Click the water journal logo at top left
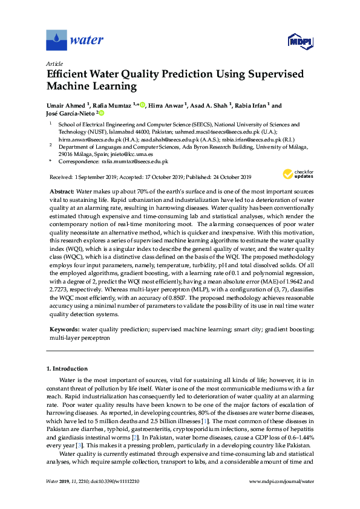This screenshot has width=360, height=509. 71,41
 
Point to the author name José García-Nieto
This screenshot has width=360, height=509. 68,113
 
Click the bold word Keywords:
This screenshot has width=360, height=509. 64,329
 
